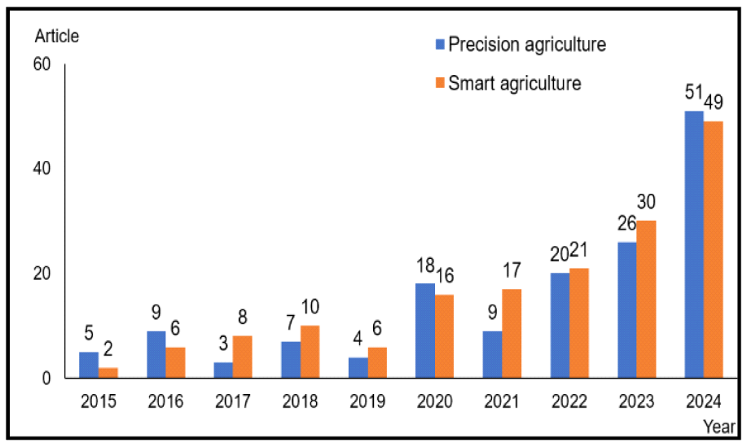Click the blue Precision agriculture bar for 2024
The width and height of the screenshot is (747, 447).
click(693, 244)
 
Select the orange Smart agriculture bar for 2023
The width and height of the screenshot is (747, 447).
click(646, 299)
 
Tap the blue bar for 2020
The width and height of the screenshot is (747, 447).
click(424, 331)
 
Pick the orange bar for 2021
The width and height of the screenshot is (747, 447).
click(512, 333)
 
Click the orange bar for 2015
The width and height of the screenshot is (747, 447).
click(108, 373)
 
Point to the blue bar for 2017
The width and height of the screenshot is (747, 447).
click(223, 370)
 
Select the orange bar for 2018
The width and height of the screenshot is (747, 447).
click(310, 352)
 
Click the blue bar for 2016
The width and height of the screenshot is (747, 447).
click(156, 354)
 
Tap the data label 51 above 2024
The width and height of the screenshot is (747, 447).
click(694, 99)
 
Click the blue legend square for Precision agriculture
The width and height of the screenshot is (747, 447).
click(440, 44)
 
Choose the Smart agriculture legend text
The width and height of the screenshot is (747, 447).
click(514, 83)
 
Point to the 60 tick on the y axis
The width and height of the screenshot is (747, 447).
click(42, 64)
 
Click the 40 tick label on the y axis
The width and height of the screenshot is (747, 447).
click(42, 169)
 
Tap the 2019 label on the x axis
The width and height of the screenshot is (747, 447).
click(368, 401)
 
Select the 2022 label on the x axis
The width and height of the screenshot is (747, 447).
click(569, 401)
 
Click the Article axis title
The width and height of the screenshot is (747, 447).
click(57, 36)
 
